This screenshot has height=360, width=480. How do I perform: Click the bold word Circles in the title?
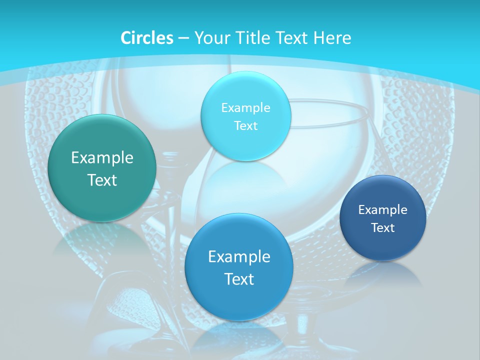pyautogui.click(x=147, y=38)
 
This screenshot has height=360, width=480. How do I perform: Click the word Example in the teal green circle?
pyautogui.click(x=102, y=158)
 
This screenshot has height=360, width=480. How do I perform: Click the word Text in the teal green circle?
pyautogui.click(x=102, y=180)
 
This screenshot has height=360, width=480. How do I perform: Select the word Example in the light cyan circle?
pyautogui.click(x=245, y=108)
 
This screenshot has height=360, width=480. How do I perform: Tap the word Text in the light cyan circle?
pyautogui.click(x=245, y=126)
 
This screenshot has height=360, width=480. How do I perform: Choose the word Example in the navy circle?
pyautogui.click(x=383, y=210)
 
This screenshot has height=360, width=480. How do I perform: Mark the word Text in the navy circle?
pyautogui.click(x=383, y=228)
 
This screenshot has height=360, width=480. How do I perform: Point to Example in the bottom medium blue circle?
pyautogui.click(x=239, y=257)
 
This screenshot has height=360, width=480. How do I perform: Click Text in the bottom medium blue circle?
pyautogui.click(x=239, y=279)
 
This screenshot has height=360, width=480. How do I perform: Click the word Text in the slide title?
pyautogui.click(x=292, y=38)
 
